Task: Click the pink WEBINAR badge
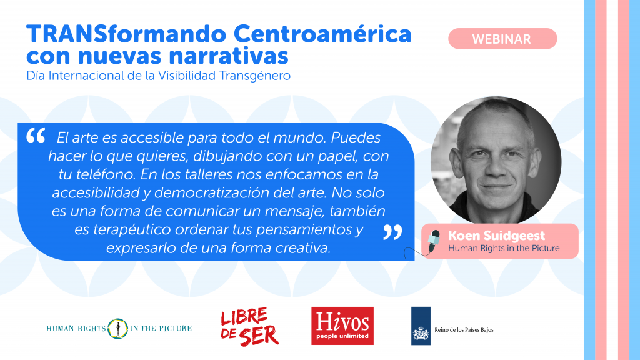(x=502, y=39)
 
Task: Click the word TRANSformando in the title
(x=126, y=34)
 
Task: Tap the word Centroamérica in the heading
(x=322, y=34)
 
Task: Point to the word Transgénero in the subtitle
(x=255, y=76)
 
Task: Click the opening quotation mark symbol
(x=36, y=136)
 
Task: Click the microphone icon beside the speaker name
(x=434, y=241)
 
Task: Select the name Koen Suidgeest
(x=496, y=236)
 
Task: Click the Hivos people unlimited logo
(x=342, y=326)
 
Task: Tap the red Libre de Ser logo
(x=249, y=326)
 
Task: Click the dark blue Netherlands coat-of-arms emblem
(x=421, y=326)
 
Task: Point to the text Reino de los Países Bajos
(x=464, y=330)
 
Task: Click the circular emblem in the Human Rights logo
(x=118, y=329)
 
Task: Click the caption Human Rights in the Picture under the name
(x=504, y=248)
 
